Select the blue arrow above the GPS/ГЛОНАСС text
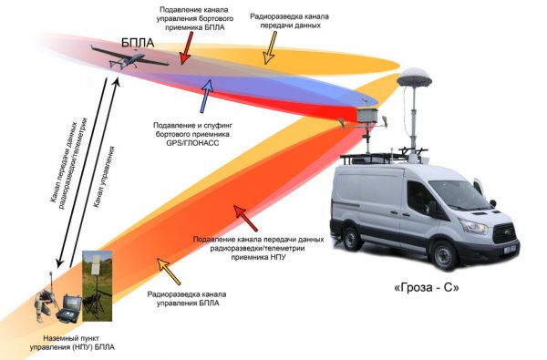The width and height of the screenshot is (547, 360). tap(208, 90)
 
